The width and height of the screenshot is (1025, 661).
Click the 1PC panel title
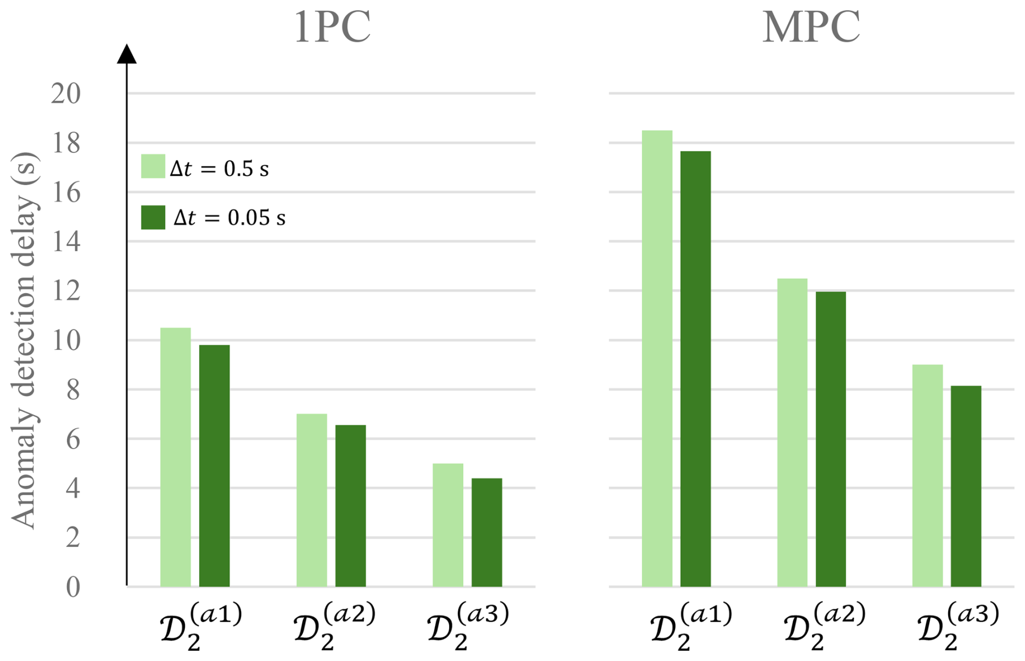click(x=332, y=27)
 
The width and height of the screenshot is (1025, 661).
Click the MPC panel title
click(x=810, y=27)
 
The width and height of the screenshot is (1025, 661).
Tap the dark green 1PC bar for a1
click(x=215, y=465)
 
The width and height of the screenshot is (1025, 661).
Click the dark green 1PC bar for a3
click(x=486, y=532)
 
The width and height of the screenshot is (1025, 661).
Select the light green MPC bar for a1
click(x=657, y=358)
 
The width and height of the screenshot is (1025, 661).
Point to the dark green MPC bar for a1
click(x=696, y=368)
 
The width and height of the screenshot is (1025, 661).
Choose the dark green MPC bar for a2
click(x=831, y=439)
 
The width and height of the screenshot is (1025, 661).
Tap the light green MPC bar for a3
click(x=927, y=475)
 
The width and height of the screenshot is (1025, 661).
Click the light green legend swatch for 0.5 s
click(x=153, y=166)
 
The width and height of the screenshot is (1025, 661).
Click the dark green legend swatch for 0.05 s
click(x=153, y=217)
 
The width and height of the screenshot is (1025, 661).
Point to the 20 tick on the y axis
click(x=66, y=93)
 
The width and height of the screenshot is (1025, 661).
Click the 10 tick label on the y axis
click(x=66, y=340)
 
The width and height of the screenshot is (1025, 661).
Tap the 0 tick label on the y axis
click(x=73, y=587)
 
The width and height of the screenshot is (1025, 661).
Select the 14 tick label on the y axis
click(x=66, y=242)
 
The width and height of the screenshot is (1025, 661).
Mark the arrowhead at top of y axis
click(x=127, y=54)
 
